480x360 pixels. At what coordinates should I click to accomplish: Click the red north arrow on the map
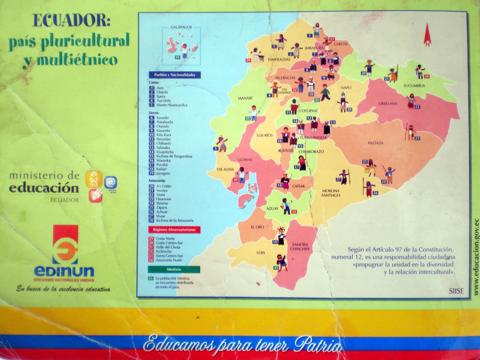[x=427, y=34]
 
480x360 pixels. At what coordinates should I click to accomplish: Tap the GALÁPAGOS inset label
[x=181, y=27]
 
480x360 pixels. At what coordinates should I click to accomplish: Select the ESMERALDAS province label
[x=279, y=59]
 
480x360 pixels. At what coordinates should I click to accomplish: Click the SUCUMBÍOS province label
[x=414, y=86]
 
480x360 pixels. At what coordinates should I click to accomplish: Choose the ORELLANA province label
[x=388, y=104]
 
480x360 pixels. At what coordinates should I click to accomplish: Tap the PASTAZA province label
[x=375, y=143]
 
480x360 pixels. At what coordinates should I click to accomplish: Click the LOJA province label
[x=260, y=253]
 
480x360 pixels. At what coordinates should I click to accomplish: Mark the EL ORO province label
[x=257, y=227]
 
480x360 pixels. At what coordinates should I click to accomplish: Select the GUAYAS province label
[x=245, y=160]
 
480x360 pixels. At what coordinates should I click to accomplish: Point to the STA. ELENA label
[x=225, y=170]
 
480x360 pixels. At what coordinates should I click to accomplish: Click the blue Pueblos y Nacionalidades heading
[x=175, y=75]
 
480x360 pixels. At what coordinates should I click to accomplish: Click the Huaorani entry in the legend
[x=163, y=199]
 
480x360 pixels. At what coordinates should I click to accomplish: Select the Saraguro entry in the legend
[x=163, y=174]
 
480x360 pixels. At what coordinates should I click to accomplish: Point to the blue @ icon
[x=110, y=182]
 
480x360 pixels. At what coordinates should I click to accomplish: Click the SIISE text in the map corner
[x=456, y=291]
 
